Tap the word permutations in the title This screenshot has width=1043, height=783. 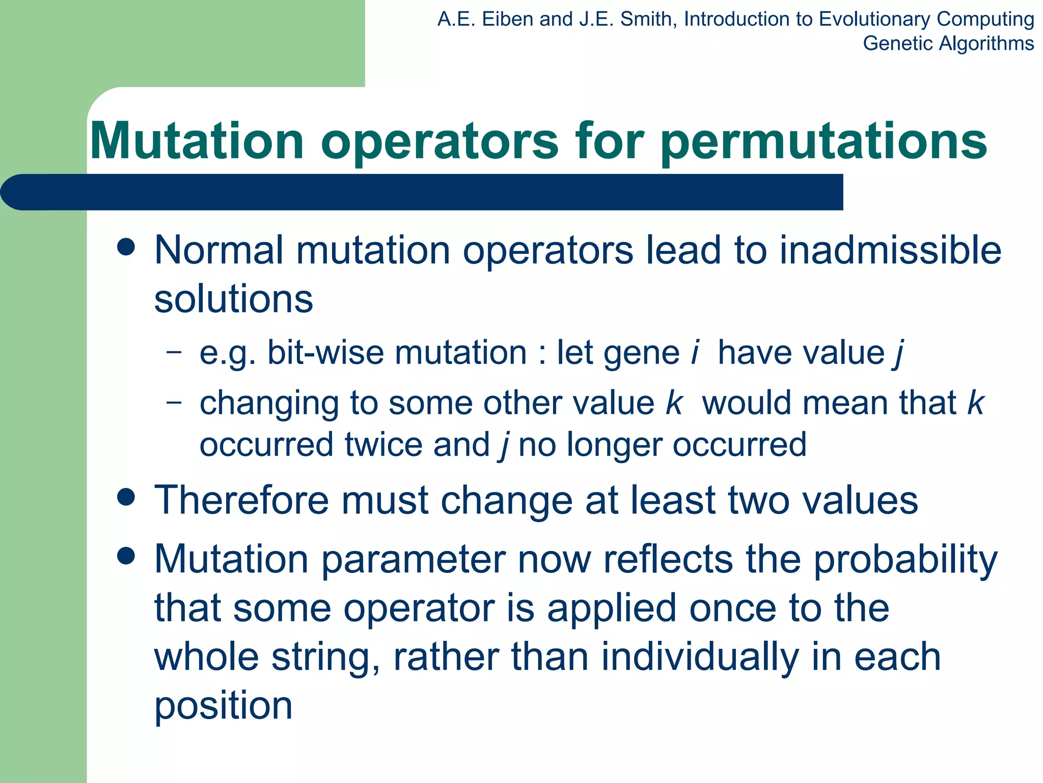[x=824, y=143]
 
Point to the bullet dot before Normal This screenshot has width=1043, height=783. [x=126, y=248]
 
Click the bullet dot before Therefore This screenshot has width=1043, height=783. [x=126, y=497]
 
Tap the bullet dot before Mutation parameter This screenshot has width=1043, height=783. [x=126, y=556]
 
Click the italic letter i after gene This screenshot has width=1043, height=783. [x=695, y=352]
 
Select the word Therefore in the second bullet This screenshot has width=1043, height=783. [x=241, y=500]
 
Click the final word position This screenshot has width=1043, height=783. [x=223, y=707]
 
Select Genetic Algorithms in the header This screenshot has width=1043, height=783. [x=948, y=43]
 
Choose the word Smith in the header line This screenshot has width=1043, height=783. [x=645, y=19]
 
